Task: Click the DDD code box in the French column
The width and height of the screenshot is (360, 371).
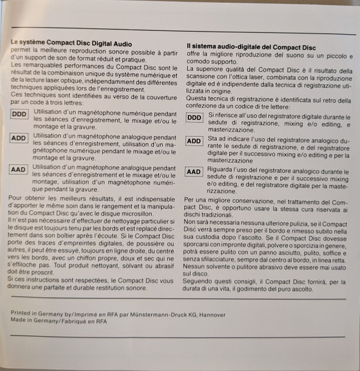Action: (x=19, y=115)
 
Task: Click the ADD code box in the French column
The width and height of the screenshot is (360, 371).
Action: (x=19, y=139)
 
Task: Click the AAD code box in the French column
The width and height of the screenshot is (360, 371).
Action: (x=19, y=169)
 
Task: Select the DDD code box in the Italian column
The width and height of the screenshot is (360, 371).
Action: (x=194, y=118)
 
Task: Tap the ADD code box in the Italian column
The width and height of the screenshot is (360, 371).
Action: (x=194, y=142)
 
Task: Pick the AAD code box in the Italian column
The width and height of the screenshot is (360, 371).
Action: (x=194, y=172)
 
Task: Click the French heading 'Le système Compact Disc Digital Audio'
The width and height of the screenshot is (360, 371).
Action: (x=71, y=44)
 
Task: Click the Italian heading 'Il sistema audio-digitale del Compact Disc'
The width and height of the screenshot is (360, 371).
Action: (x=251, y=46)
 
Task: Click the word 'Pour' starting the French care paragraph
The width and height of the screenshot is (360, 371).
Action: (x=18, y=198)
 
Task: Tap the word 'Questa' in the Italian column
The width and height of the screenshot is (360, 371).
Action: (x=197, y=100)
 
